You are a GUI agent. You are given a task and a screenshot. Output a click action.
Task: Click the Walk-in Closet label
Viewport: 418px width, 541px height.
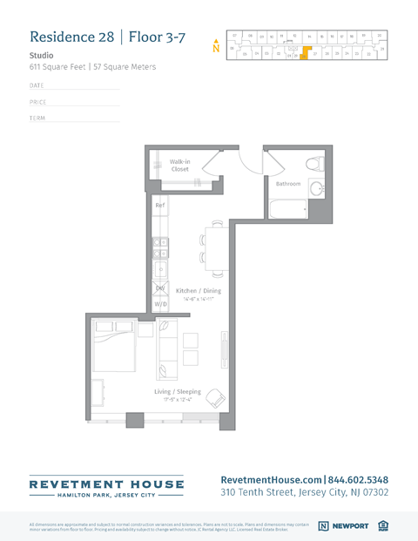tap(179, 165)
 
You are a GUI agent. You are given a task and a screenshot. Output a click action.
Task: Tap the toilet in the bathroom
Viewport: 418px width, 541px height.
tap(315, 164)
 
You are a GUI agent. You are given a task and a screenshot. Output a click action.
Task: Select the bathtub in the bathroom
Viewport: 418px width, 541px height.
tap(288, 209)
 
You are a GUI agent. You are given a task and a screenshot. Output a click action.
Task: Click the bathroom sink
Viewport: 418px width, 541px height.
tap(317, 188)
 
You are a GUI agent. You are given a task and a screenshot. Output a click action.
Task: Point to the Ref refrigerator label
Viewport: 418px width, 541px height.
tap(159, 206)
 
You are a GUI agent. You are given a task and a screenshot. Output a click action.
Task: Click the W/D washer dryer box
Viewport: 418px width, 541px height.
tap(160, 304)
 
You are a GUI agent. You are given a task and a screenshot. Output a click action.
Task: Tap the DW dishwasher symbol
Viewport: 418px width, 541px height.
tap(160, 288)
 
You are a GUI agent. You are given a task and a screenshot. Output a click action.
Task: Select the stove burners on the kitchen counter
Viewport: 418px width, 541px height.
tap(160, 248)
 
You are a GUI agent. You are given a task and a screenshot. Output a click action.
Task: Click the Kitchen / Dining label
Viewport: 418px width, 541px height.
tap(199, 291)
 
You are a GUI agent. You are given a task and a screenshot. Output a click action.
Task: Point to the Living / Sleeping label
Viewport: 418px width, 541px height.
tap(178, 392)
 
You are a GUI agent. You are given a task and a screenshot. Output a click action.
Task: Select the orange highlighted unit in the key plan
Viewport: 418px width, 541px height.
tap(305, 51)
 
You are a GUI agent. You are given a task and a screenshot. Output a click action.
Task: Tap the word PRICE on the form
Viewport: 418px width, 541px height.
tap(37, 102)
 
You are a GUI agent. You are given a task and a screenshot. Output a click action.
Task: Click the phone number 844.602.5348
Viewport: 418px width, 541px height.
tap(358, 479)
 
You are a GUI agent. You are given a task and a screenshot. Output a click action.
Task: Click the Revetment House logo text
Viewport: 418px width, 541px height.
tap(106, 484)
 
